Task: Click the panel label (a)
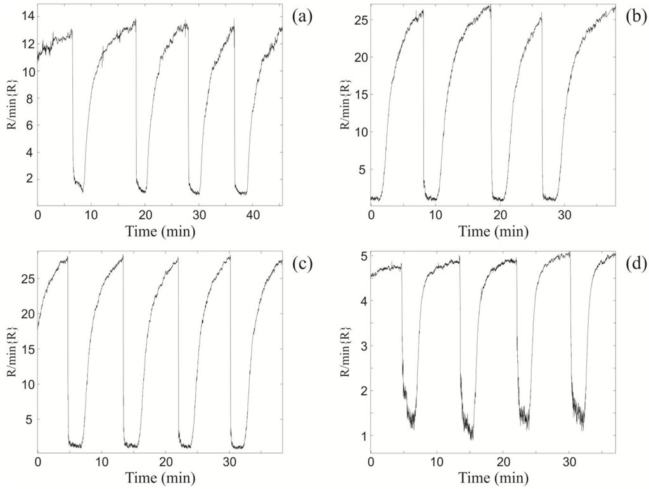(x=303, y=17)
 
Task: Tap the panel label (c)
(x=303, y=263)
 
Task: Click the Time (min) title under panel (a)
(x=160, y=231)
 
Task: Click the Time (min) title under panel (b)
(x=493, y=231)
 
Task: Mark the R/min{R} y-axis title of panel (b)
(x=345, y=105)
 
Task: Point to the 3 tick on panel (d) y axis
(x=362, y=346)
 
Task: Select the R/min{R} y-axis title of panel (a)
(x=11, y=105)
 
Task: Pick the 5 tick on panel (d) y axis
(x=362, y=256)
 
